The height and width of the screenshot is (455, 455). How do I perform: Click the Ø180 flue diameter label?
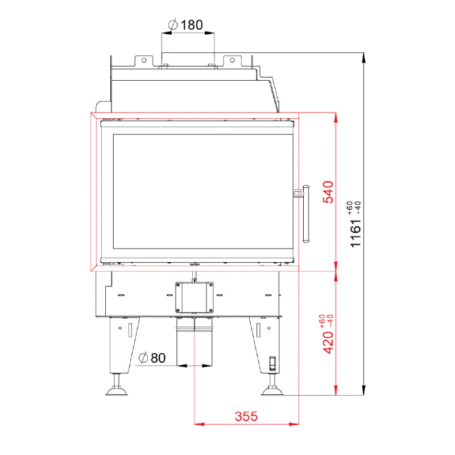click(185, 24)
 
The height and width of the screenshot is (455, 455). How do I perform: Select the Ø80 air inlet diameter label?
click(152, 358)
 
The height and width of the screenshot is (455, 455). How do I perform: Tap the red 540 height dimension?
click(328, 192)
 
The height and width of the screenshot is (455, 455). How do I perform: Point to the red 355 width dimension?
click(246, 416)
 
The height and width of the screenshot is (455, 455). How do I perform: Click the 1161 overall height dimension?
click(355, 233)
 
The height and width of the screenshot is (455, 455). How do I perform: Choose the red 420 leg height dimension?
click(328, 342)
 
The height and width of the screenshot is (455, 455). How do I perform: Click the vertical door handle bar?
click(306, 214)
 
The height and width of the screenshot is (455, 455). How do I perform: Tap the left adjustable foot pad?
click(117, 392)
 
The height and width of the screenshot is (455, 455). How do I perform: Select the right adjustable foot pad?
click(272, 392)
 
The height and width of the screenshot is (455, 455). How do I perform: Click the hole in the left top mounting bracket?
click(144, 60)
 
